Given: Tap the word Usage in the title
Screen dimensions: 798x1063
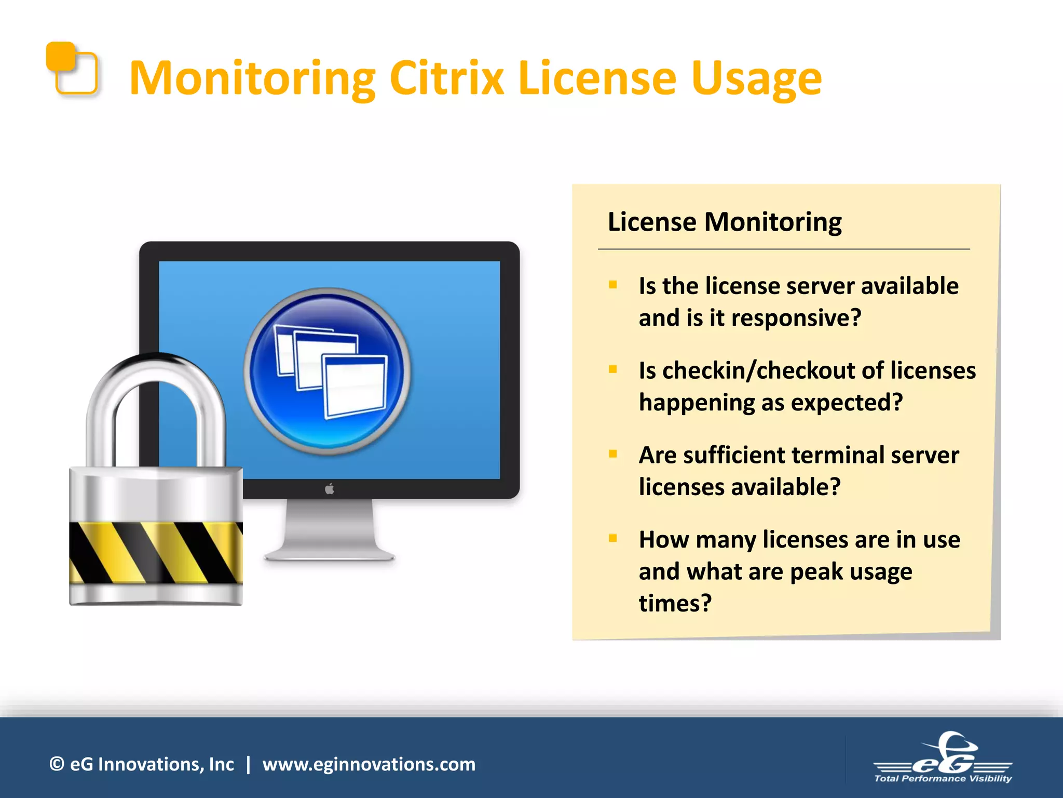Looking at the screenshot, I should coord(756,79).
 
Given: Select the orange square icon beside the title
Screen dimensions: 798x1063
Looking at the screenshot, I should coord(72,68).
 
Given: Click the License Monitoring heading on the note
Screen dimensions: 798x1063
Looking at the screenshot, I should coord(724,222).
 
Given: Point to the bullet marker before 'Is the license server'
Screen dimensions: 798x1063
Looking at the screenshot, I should coord(613,285).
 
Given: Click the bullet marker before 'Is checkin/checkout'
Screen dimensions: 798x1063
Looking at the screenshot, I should coord(613,369).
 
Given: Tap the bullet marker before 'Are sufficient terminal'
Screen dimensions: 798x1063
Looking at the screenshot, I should coord(613,454).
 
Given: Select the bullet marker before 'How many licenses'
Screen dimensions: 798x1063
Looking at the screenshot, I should coord(613,538).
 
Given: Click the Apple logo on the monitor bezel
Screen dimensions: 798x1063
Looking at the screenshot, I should coord(330,489).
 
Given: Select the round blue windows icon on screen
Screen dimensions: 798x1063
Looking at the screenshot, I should coord(328,371).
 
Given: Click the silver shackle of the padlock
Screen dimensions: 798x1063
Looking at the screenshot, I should coord(156,395).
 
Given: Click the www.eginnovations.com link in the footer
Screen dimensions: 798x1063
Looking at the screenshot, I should coord(369,764).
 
